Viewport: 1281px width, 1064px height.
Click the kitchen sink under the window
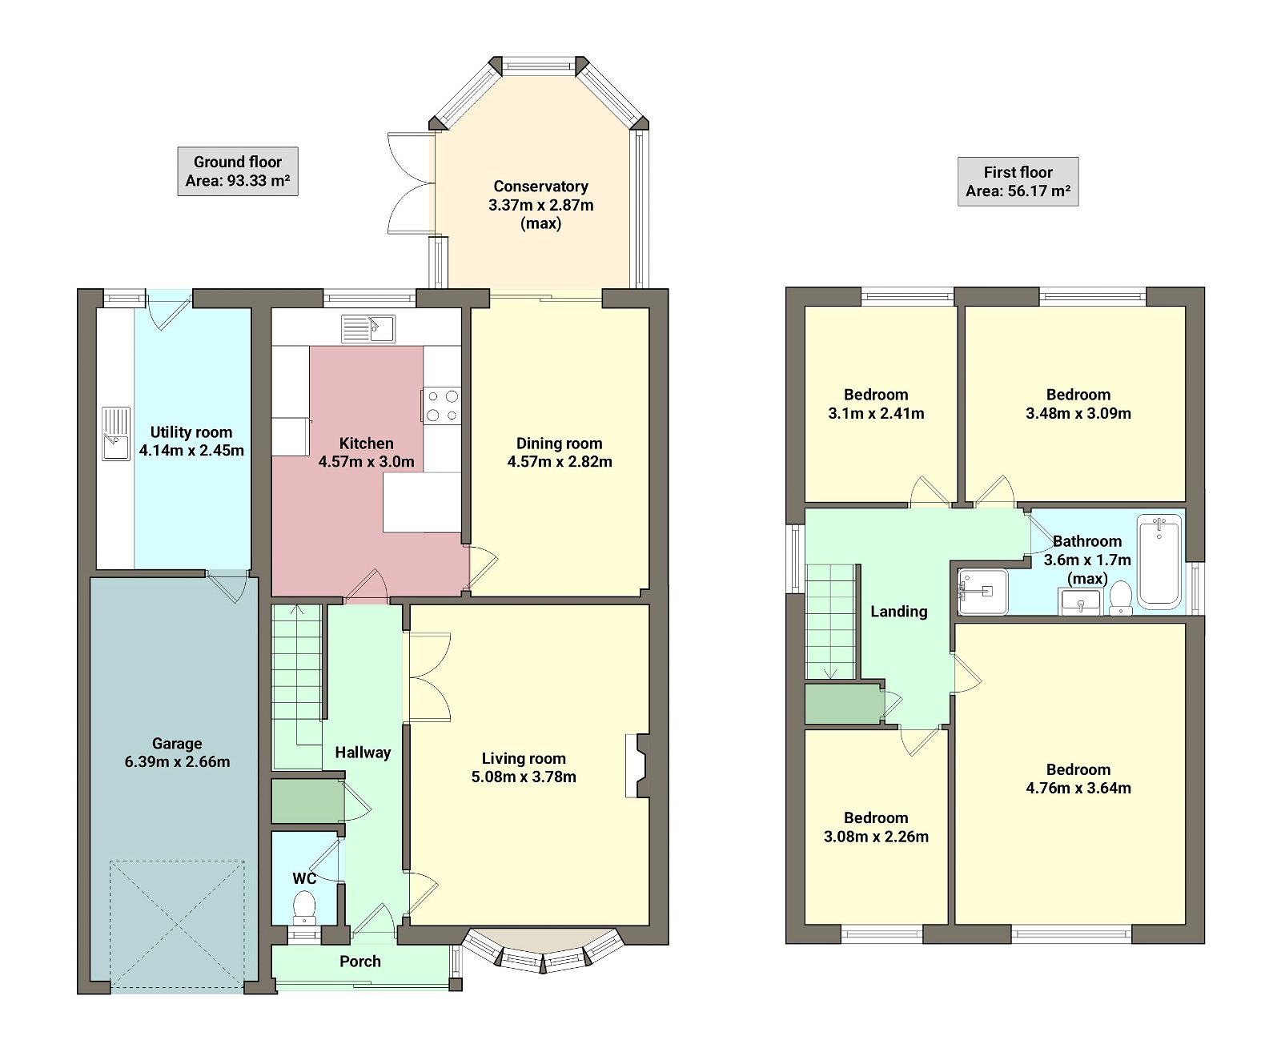pos(368,328)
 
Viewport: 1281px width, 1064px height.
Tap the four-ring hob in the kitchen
pos(442,406)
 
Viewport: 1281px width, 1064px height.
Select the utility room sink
pos(116,433)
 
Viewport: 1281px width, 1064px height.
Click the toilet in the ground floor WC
pos(304,907)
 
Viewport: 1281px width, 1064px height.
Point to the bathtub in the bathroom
pos(1159,560)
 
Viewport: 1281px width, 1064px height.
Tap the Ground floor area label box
pos(238,171)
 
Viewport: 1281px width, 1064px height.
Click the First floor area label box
pos(1018,182)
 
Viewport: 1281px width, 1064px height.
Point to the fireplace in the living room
pos(637,766)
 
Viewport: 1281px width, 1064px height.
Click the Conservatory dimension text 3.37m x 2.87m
pos(540,205)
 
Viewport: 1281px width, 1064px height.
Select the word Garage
pos(177,744)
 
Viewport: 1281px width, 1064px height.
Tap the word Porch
pos(360,962)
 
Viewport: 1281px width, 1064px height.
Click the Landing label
pos(898,612)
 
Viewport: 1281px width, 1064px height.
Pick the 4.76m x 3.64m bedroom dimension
pos(1078,788)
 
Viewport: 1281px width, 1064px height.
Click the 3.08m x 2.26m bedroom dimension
pos(876,837)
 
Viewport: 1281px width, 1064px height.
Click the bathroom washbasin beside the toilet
pos(1080,601)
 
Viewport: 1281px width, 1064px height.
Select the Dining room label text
pos(559,444)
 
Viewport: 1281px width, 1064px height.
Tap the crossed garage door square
pos(177,924)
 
